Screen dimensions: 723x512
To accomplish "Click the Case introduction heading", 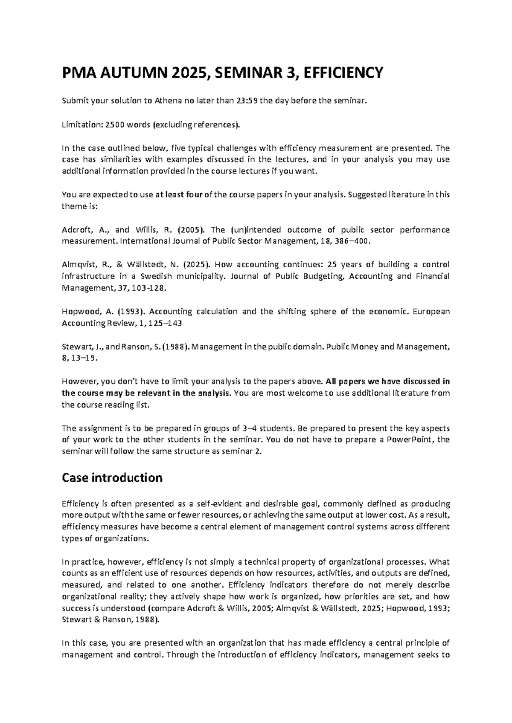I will click(112, 477).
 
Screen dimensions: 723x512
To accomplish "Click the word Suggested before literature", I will click(367, 195).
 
